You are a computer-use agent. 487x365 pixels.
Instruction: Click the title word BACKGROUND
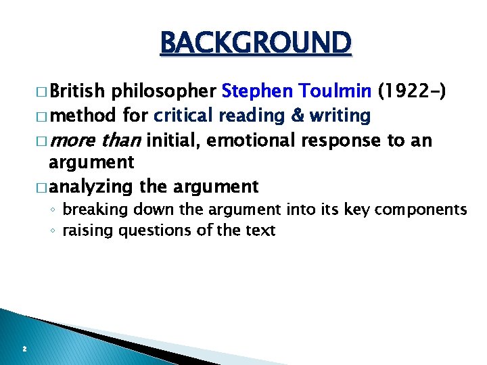(x=256, y=43)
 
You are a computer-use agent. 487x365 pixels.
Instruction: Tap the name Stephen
(x=255, y=91)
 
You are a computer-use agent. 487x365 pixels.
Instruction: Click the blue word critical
(x=184, y=116)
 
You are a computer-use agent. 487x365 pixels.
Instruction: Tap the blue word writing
(x=340, y=116)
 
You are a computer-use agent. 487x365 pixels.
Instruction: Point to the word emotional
(x=253, y=141)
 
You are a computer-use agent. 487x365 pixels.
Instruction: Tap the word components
(x=424, y=210)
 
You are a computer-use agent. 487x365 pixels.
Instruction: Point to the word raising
(x=88, y=230)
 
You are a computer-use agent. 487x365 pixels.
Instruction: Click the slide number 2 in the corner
(x=24, y=349)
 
